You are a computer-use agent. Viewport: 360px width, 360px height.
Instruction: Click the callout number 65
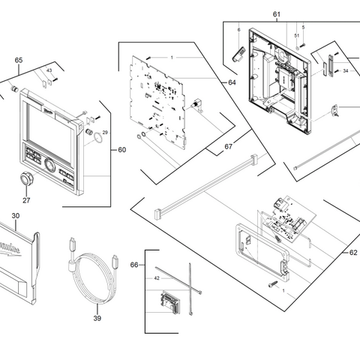coord(19,59)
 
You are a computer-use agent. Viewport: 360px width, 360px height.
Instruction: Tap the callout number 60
coord(122,150)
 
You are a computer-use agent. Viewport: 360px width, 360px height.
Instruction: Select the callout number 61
coord(276,15)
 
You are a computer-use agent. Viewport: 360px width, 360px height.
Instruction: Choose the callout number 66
coord(134,265)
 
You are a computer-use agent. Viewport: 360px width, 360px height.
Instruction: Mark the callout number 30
coord(16,214)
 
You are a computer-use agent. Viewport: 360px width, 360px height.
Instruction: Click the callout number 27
coord(26,200)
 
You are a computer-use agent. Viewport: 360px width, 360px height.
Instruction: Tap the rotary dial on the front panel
coord(50,164)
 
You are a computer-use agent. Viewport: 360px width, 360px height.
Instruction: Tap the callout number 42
coord(157,278)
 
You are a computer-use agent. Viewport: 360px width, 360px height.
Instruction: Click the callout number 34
coord(346,72)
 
